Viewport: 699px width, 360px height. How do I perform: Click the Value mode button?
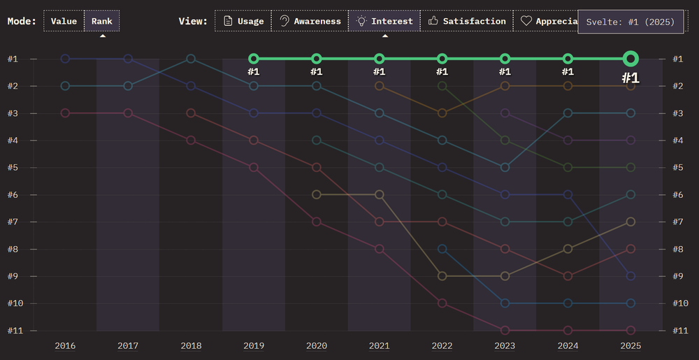(x=64, y=21)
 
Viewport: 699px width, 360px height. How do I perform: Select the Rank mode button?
(x=102, y=21)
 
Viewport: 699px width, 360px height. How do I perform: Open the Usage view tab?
(x=243, y=21)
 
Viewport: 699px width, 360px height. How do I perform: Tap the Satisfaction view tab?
(x=466, y=21)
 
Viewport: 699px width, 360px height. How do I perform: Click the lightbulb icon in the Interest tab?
(x=361, y=21)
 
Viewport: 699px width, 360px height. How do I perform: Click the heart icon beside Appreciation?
(x=526, y=21)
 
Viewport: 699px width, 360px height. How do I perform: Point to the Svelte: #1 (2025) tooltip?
(x=630, y=22)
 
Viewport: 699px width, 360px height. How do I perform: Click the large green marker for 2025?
(x=630, y=59)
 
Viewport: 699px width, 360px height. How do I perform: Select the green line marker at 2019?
(x=254, y=59)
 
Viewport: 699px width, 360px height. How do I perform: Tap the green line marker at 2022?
(x=442, y=59)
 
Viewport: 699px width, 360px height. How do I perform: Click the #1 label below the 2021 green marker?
(x=379, y=71)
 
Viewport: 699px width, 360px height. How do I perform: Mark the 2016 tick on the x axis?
(x=65, y=345)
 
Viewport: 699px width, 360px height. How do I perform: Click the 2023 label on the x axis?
(x=505, y=345)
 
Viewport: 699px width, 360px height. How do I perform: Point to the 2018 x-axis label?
(x=191, y=345)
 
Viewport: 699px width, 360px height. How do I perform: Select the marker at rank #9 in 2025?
(x=630, y=276)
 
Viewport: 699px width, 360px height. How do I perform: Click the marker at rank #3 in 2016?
(x=65, y=113)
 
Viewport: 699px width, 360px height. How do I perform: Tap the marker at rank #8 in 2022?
(x=442, y=249)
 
